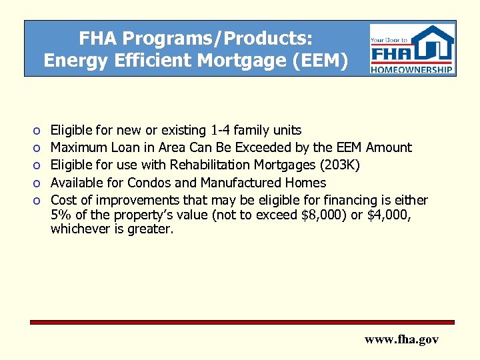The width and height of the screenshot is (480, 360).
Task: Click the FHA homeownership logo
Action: coord(412,49)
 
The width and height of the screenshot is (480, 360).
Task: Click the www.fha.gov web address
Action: coord(401,339)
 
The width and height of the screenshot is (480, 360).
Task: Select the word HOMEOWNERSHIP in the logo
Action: coord(412,69)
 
